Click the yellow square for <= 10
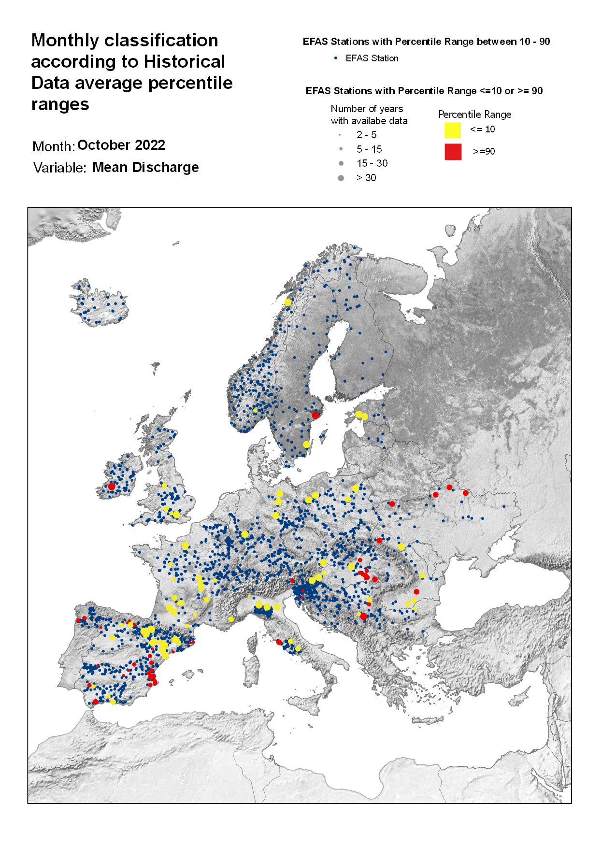coord(452,130)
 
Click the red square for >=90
coord(453,152)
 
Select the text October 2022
coord(121,145)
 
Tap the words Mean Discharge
coord(145,167)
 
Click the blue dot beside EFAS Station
coord(336,58)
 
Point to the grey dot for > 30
coord(341,178)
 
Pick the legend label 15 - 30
coord(372,163)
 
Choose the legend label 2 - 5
coord(366,135)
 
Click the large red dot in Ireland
coord(112,486)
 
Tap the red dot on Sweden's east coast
coord(315,415)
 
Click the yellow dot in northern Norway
coord(288,302)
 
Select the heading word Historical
coord(184,61)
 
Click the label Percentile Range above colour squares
coord(474,115)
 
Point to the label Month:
coord(53,146)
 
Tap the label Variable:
coord(59,168)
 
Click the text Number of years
coord(367,109)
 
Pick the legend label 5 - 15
coord(369,149)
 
